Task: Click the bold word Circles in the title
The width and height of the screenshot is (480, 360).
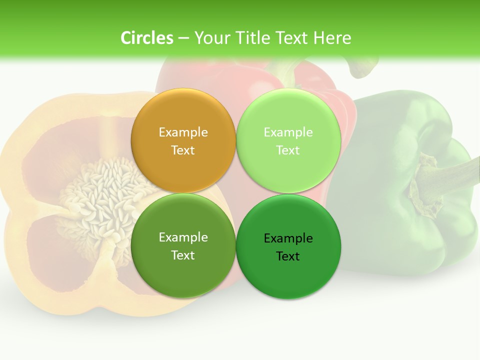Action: coord(146,38)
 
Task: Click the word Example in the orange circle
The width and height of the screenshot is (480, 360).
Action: coord(183,132)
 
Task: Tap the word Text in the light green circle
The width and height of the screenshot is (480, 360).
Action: coord(288,150)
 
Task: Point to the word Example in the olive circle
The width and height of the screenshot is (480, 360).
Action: coord(183,237)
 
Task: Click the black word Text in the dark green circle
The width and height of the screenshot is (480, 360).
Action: coord(288,256)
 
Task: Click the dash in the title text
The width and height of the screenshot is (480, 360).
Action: coord(183,38)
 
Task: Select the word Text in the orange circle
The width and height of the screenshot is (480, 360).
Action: coord(183,150)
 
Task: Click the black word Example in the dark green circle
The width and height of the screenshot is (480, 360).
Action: coord(288,238)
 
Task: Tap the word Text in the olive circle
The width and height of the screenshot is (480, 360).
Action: coord(183,255)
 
